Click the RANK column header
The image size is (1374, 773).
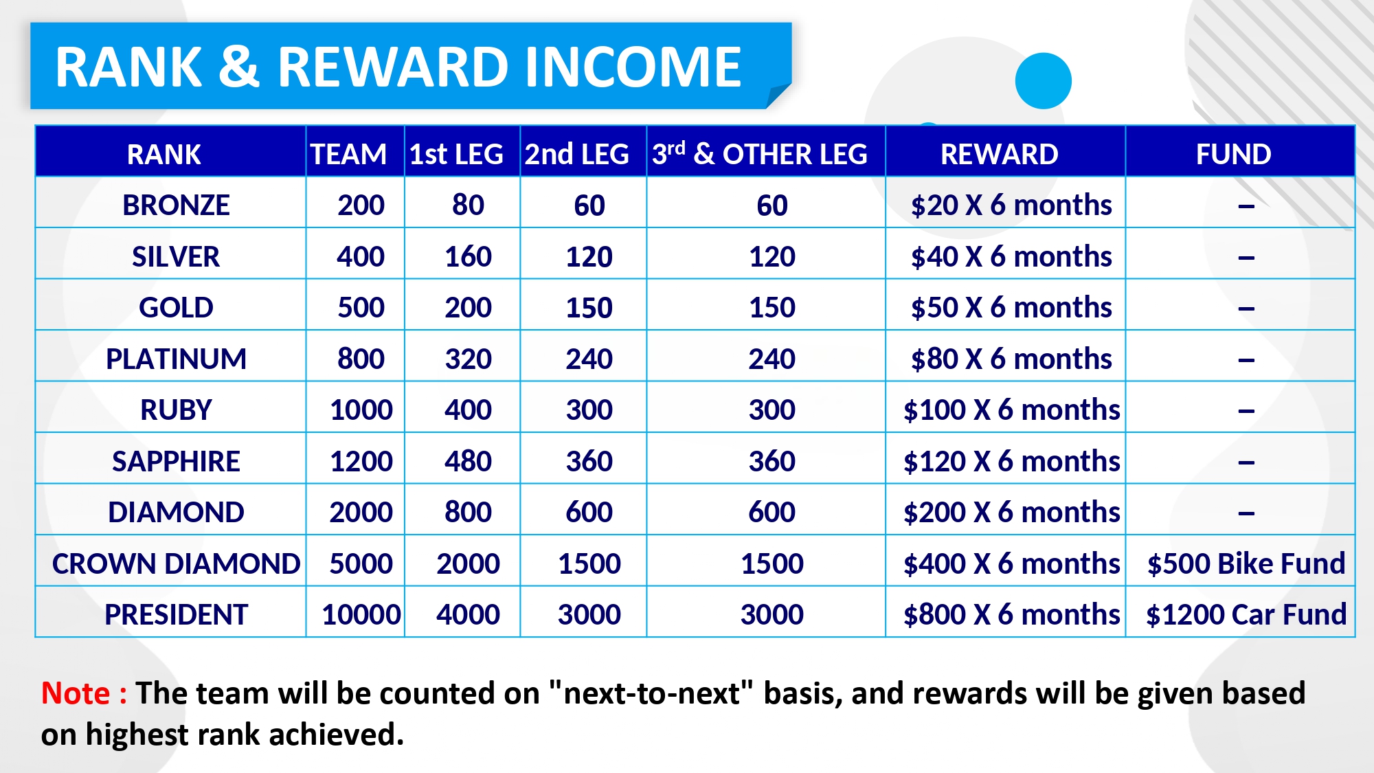pyautogui.click(x=164, y=154)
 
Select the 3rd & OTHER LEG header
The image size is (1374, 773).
pyautogui.click(x=760, y=153)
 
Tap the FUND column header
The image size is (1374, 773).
pyautogui.click(x=1233, y=154)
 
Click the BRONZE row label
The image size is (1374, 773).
pyautogui.click(x=176, y=205)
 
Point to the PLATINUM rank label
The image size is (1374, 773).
pyautogui.click(x=176, y=359)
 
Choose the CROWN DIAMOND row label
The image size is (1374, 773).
pyautogui.click(x=176, y=563)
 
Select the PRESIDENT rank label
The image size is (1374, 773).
pyautogui.click(x=176, y=614)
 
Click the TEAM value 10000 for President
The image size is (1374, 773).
pyautogui.click(x=361, y=614)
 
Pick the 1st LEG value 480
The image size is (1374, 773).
pyautogui.click(x=468, y=461)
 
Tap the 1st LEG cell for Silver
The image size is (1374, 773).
pyautogui.click(x=468, y=256)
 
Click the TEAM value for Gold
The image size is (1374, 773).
pyautogui.click(x=361, y=307)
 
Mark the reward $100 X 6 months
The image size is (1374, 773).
pyautogui.click(x=1011, y=410)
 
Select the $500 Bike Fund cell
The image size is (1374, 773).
pyautogui.click(x=1246, y=563)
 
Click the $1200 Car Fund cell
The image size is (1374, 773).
pyautogui.click(x=1246, y=614)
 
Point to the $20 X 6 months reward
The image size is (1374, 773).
pyautogui.click(x=1011, y=205)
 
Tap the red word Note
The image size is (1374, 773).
pyautogui.click(x=76, y=693)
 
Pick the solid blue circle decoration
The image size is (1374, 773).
pyautogui.click(x=1043, y=80)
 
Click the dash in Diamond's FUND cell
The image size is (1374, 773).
pyautogui.click(x=1246, y=513)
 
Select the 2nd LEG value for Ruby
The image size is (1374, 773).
pyautogui.click(x=589, y=410)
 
